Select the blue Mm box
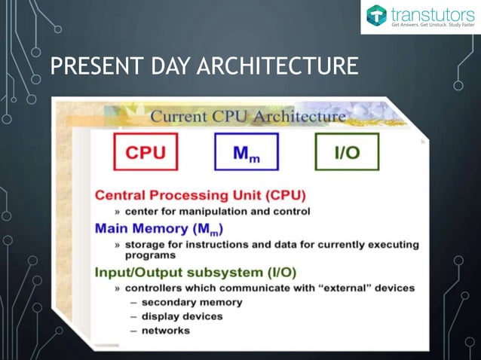(246, 152)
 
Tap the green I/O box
(346, 152)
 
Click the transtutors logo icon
(377, 16)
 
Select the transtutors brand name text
(431, 13)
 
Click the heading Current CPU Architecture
(249, 117)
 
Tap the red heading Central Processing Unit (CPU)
(200, 195)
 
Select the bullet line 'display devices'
(182, 316)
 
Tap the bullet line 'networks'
(166, 329)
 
